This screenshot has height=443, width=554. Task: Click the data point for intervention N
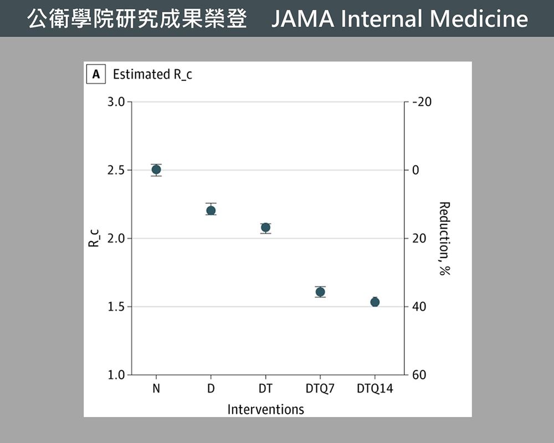156,169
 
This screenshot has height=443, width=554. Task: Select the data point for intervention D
211,210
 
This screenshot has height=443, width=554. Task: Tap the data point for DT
265,228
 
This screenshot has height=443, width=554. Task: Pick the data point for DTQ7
320,292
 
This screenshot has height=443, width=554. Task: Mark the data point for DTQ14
375,302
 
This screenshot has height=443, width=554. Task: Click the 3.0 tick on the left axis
116,102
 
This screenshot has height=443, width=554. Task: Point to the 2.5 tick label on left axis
116,171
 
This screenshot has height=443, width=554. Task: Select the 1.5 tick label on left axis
116,307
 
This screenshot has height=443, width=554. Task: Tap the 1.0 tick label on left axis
116,375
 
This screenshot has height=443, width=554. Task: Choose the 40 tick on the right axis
419,307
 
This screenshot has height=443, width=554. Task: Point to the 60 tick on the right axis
419,375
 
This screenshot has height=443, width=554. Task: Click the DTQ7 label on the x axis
320,389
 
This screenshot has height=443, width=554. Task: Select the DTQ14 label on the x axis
375,389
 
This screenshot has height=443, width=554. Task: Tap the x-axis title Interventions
265,410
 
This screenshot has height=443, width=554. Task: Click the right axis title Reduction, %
443,238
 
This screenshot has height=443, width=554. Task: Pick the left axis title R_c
94,238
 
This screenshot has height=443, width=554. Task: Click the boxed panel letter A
96,74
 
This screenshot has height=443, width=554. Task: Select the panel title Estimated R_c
152,74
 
